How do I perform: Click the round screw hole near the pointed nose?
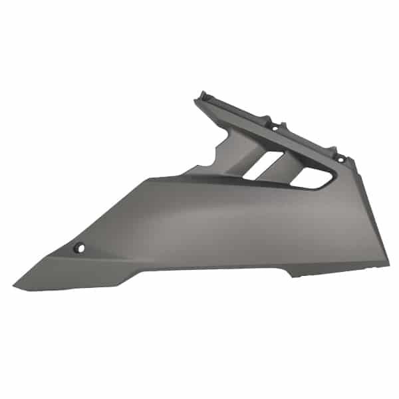(80, 247)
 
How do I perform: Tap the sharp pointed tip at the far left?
(15, 289)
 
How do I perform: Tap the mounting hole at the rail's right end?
(341, 158)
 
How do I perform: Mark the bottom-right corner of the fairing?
(388, 263)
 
